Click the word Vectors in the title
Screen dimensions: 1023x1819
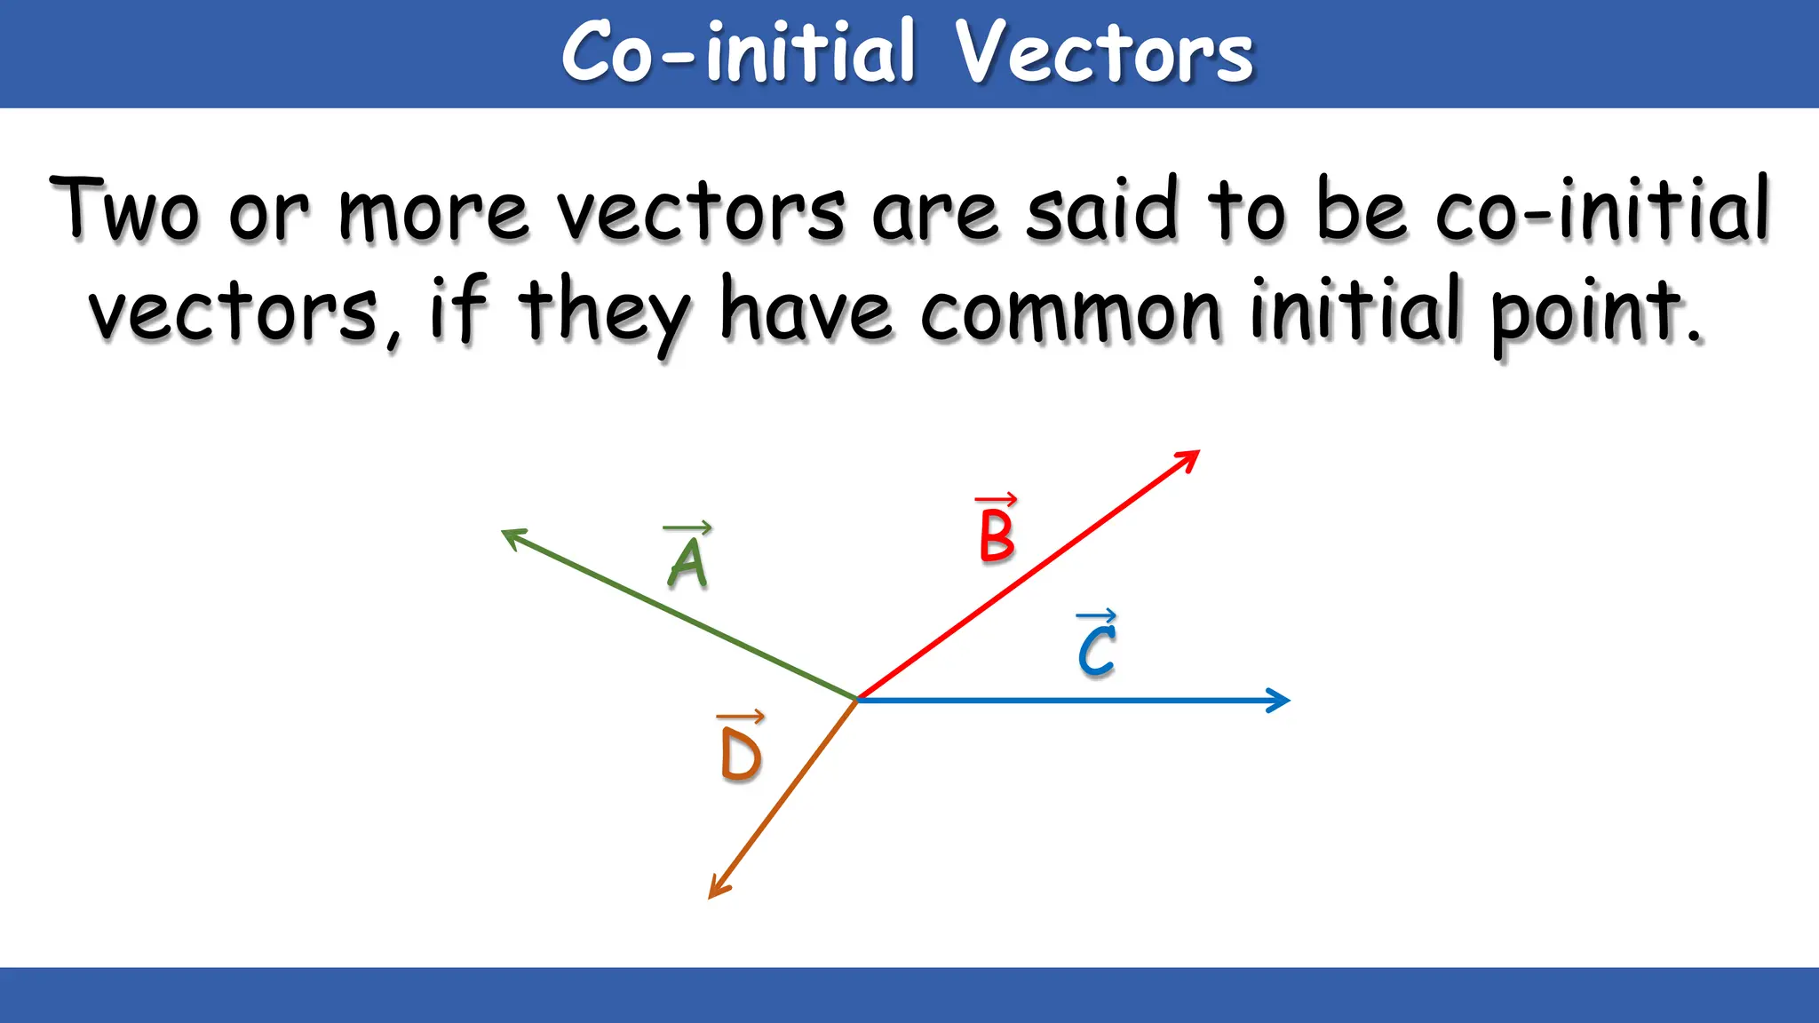(1103, 53)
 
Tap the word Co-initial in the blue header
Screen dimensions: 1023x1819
(738, 53)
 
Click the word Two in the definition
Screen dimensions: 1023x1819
(124, 210)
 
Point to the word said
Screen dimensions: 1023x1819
(1101, 210)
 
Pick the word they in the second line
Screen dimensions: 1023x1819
(604, 313)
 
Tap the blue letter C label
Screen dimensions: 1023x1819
(1097, 651)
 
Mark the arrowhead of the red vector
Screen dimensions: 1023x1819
(1191, 456)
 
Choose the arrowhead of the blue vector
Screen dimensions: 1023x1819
(1280, 701)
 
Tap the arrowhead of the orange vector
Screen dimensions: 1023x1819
(715, 890)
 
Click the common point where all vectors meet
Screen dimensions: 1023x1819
(856, 700)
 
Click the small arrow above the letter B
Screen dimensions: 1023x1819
(996, 500)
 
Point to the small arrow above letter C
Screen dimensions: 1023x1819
(1096, 615)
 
